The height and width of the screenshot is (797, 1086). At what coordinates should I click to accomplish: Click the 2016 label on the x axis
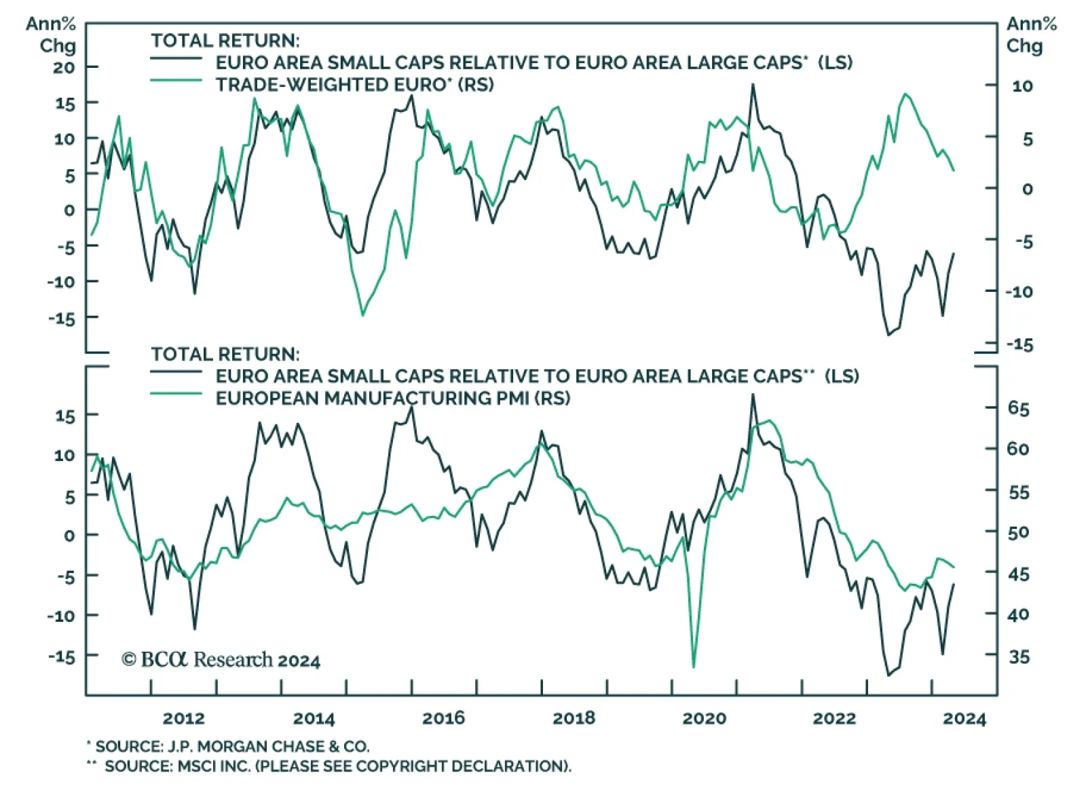click(443, 718)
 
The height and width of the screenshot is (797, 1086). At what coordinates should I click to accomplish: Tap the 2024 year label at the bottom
click(964, 718)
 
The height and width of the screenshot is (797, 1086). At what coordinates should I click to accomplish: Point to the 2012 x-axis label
click(183, 718)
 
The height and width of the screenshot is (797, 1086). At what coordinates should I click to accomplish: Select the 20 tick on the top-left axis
click(64, 67)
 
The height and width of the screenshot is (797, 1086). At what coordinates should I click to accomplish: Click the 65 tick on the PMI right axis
click(1018, 408)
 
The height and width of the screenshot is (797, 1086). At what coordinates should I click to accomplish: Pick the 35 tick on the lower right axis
click(1018, 656)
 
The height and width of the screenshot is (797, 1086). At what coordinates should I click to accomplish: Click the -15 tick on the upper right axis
click(1019, 345)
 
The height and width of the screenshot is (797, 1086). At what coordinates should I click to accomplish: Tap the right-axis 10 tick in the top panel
click(1022, 86)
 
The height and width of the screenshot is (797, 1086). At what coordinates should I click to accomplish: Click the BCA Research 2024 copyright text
click(221, 660)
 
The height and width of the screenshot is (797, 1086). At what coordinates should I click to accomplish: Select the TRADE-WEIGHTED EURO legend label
click(354, 85)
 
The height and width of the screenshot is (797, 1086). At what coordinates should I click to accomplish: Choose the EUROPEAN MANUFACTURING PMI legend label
click(392, 398)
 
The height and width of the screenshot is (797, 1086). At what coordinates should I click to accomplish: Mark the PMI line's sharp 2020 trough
click(694, 667)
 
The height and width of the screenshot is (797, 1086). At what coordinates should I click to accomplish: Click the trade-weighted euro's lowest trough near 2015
click(362, 315)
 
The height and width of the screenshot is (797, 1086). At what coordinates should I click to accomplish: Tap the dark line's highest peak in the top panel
click(752, 85)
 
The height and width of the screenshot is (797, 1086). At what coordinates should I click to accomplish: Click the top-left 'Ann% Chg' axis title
click(52, 35)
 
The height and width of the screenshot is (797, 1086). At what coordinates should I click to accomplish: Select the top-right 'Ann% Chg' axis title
click(1031, 35)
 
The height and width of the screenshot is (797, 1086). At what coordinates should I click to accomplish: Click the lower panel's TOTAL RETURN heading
click(225, 354)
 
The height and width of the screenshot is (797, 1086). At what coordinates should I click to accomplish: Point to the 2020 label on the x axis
click(704, 718)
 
